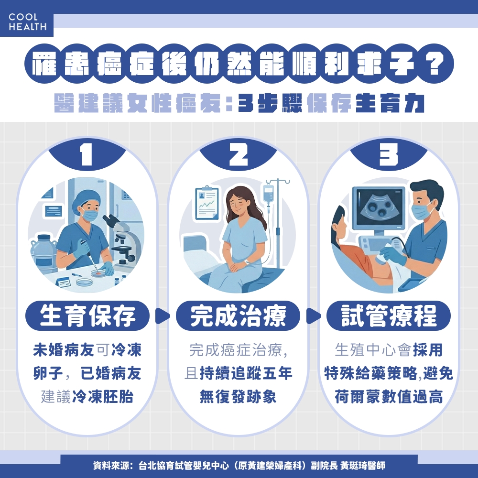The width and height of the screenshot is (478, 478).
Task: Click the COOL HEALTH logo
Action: [x=27, y=22]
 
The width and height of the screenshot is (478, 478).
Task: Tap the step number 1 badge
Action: [x=87, y=155]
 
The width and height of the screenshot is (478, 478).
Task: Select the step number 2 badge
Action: [x=238, y=155]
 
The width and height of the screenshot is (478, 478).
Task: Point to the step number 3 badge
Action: [x=389, y=155]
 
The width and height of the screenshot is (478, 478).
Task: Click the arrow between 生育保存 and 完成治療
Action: [x=163, y=316]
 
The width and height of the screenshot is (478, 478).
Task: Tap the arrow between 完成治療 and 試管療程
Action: [x=313, y=316]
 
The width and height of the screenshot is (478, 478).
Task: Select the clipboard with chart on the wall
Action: [x=206, y=203]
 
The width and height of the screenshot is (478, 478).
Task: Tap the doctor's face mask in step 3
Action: [x=421, y=211]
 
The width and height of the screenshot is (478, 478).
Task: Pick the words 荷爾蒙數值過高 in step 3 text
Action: [x=389, y=396]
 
